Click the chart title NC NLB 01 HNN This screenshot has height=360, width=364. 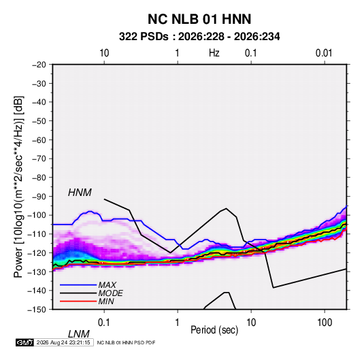pos(199,19)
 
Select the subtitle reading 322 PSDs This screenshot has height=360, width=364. pos(144,37)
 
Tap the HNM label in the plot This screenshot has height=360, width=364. pos(80,193)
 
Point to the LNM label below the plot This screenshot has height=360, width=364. pos(79,334)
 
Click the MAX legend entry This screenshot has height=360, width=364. pos(107,285)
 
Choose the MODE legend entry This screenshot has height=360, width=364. pos(110,293)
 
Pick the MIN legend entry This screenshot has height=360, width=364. pos(106,301)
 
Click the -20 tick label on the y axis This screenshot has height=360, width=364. pos(39,65)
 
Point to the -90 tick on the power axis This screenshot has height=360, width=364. pos(39,196)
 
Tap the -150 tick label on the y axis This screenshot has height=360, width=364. pos(37,310)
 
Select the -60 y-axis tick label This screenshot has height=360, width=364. pos(39,140)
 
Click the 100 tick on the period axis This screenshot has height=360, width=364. pos(325,323)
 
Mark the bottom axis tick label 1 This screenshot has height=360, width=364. pos(178,323)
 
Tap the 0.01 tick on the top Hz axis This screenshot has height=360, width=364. pos(324,53)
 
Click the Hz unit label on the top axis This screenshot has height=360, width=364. pos(214,53)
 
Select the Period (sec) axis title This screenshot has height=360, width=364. pos(214,330)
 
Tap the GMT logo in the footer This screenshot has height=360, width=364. pos(25,342)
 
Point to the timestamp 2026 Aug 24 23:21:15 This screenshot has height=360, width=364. pos(63,342)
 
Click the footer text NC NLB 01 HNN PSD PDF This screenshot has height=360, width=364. pos(126,342)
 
